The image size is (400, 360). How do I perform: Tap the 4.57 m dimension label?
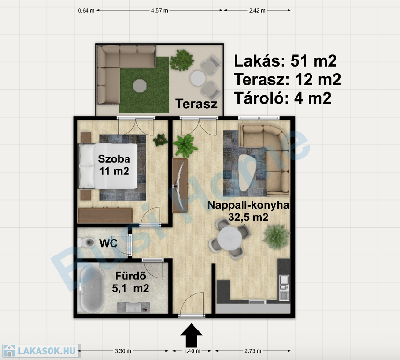pos(159,11)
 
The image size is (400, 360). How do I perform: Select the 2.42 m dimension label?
pos(257,11)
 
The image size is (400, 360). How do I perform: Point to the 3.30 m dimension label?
pos(123,351)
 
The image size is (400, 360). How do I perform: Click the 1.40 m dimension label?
pos(192,351)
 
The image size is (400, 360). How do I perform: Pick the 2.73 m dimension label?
pos(253,351)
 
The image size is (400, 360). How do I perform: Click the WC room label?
pos(108,243)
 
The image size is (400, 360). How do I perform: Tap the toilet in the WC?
pos(86,242)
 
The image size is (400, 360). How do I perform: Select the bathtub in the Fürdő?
pos(91,288)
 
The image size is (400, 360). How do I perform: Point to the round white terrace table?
pos(198,78)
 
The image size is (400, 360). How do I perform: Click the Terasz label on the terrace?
pos(196,104)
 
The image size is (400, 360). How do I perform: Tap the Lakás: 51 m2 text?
pos(285,61)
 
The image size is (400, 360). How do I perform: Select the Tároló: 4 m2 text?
pos(282,98)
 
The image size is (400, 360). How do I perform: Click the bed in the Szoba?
pos(108,166)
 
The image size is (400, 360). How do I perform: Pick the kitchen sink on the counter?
pos(284,280)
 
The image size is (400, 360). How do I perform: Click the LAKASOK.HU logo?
pos(41,351)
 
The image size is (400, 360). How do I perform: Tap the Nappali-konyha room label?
pos(248,205)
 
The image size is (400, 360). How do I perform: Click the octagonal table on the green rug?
pos(140,85)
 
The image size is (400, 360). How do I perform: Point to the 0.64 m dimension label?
pos(86,11)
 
